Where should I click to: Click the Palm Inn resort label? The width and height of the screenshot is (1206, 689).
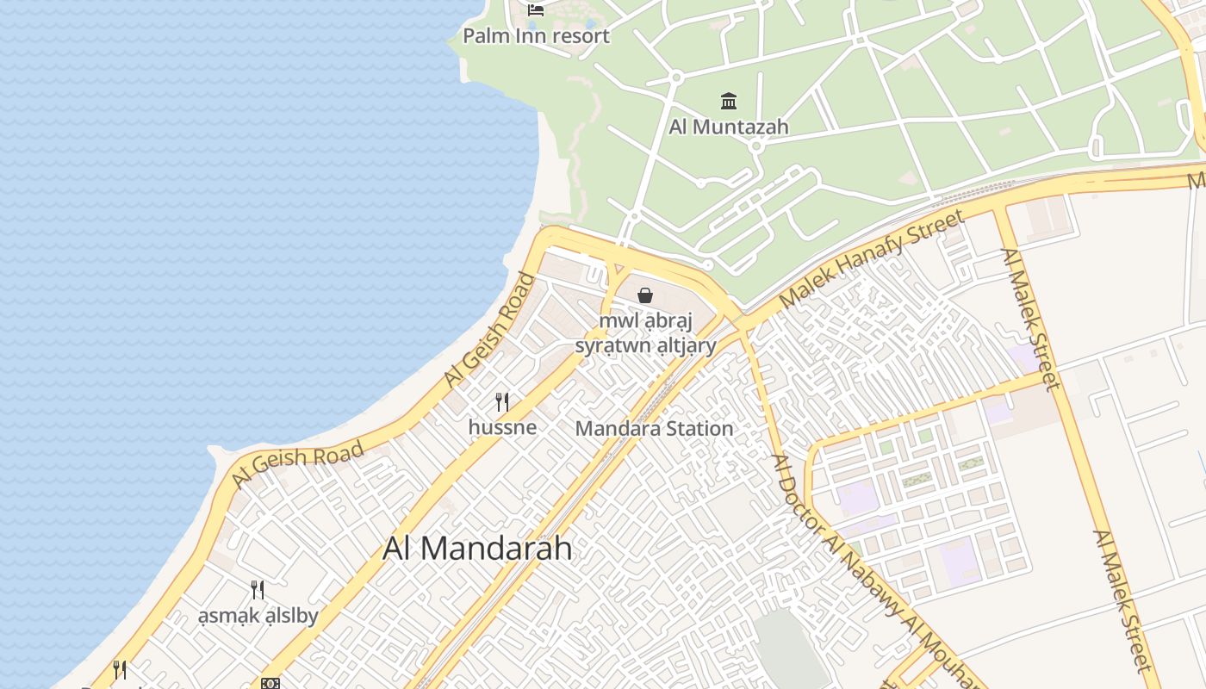536,36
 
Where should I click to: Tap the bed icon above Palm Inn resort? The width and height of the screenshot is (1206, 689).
536,10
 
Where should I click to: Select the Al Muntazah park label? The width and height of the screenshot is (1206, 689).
729,127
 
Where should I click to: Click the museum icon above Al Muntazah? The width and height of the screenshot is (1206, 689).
729,102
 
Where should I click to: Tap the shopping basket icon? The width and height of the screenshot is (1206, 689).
645,296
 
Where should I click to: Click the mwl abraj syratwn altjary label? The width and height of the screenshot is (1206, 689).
646,333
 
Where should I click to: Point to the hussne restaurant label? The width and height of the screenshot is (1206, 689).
502,427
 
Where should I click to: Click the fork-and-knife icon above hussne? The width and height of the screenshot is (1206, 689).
502,401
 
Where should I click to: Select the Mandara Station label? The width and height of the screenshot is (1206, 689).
654,428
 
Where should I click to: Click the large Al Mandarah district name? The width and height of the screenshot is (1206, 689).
477,549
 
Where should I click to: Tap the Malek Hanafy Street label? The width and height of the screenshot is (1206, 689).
872,259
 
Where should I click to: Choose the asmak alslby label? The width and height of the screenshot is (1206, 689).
258,616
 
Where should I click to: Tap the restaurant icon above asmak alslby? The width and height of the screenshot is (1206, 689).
258,590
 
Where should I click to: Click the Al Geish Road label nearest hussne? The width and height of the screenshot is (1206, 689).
489,330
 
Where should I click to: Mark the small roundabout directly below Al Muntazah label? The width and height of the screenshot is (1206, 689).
756,146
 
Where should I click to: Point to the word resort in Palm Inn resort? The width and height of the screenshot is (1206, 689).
582,36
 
